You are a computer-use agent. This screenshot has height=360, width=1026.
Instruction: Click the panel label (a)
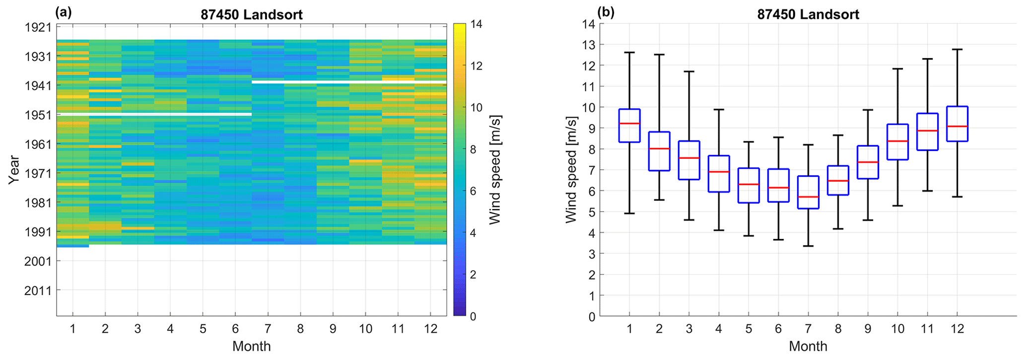point(64,12)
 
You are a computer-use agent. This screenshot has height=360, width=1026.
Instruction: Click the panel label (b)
point(606,12)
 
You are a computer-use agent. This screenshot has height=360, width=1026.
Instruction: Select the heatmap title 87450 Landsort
point(252,14)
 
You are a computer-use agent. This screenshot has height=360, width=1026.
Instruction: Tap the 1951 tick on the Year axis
point(38,115)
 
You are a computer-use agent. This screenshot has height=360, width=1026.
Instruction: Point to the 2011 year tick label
point(38,290)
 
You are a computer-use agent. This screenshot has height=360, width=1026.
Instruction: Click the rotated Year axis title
point(14,170)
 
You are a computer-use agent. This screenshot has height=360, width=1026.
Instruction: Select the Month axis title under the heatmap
point(252,346)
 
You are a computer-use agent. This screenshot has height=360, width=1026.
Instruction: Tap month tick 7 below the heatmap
point(268,329)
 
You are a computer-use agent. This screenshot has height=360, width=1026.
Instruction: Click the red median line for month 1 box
point(629,123)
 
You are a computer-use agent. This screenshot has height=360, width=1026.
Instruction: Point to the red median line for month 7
point(808,197)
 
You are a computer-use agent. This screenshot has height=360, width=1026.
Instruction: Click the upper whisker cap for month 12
point(958,50)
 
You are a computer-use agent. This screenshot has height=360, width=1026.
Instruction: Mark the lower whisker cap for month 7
point(808,246)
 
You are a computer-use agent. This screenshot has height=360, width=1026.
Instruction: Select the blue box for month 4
point(719,174)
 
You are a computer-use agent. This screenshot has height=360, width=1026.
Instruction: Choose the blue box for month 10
point(897,142)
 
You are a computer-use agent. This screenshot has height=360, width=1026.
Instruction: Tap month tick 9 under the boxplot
point(868,329)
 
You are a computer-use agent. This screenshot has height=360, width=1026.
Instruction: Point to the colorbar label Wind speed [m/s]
point(494,170)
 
